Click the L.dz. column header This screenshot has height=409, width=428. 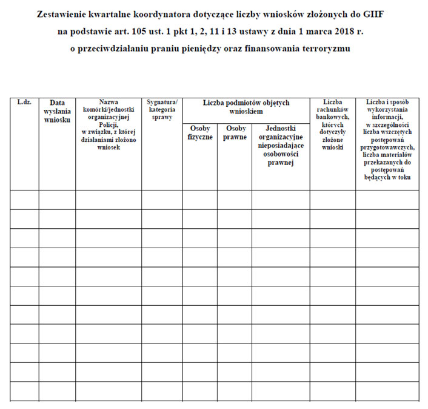coord(24,103)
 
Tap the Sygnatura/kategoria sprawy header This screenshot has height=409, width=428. coord(162,109)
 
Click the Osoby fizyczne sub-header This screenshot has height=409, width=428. coord(200,133)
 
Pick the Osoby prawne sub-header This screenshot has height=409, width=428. coord(235,133)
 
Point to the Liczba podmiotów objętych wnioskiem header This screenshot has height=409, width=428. coord(246,107)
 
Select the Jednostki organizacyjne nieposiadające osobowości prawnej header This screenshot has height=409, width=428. coord(280,146)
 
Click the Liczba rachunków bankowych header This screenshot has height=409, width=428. coord(332,124)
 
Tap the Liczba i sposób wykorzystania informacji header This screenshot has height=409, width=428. coord(387,140)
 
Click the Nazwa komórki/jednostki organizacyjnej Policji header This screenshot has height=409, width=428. coord(109,124)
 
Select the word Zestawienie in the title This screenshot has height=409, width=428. coord(65,13)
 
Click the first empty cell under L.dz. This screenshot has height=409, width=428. coord(24,200)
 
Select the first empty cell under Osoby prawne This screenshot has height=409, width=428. coord(235,200)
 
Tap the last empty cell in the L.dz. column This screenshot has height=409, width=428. coord(24,391)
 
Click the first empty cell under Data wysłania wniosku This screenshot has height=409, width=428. coord(57,200)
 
